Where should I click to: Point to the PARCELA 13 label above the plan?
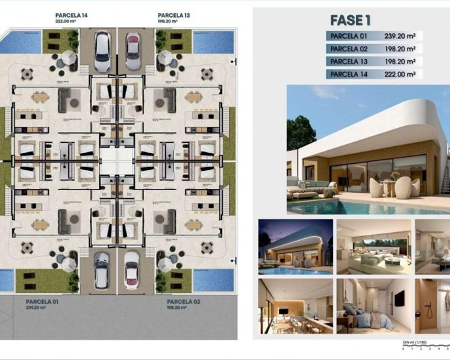coord(173,14)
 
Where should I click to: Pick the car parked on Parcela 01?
coord(102,269)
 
